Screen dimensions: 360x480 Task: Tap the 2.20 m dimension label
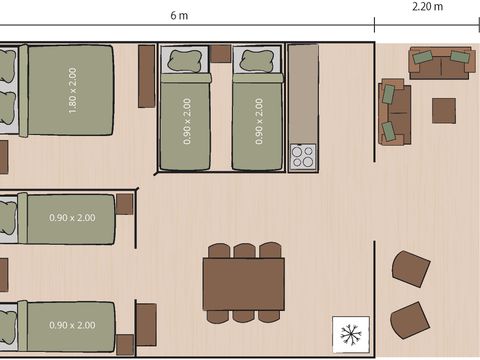[427, 7]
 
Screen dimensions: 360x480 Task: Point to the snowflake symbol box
[351, 331]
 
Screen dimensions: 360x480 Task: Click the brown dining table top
[243, 284]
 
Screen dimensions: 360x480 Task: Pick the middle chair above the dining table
[243, 251]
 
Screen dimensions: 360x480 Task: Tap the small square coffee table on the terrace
[443, 109]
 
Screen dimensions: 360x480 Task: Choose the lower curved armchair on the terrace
[410, 320]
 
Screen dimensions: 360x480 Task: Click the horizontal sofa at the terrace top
[440, 63]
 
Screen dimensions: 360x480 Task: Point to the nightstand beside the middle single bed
[125, 204]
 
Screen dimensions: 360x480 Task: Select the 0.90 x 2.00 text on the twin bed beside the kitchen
[259, 120]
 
